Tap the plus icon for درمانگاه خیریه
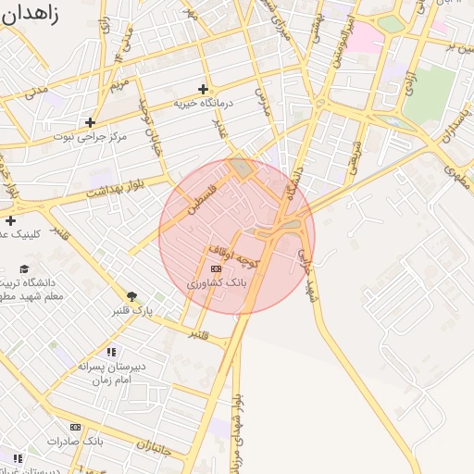pos(203,89)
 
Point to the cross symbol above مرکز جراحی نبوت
pos(90,122)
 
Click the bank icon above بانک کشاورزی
pos(217,268)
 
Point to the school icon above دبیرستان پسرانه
pos(111,352)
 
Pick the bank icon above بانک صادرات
pos(75,427)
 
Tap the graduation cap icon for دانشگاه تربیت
pos(24,268)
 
